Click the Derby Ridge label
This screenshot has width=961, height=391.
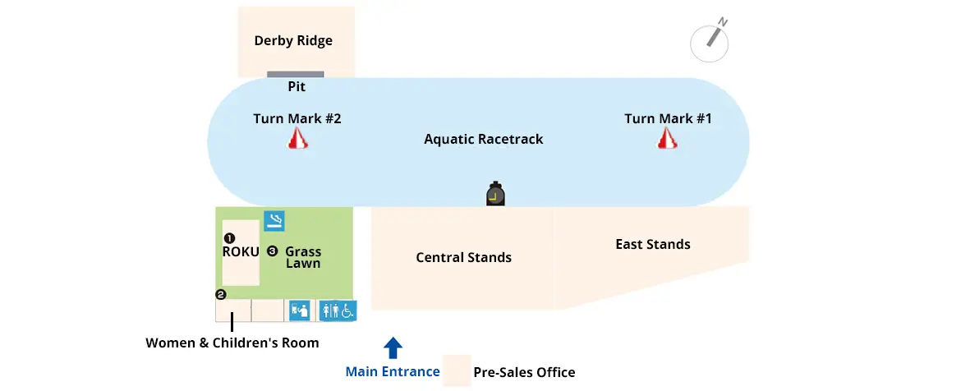click(293, 40)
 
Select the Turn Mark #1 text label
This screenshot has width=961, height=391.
click(668, 118)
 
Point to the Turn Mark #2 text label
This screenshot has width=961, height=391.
click(297, 118)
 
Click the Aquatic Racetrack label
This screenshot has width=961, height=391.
click(483, 139)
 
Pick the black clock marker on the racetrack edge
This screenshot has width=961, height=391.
click(495, 194)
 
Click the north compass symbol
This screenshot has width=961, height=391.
click(710, 41)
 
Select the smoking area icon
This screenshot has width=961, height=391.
click(274, 220)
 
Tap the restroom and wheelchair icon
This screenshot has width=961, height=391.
click(338, 310)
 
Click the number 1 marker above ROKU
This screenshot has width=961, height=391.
click(230, 237)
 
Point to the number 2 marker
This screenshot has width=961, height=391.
click(220, 294)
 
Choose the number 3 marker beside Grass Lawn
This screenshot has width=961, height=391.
click(272, 251)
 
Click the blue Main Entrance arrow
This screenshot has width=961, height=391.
click(393, 347)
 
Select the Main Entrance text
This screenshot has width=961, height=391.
click(393, 371)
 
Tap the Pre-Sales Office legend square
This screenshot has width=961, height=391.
click(457, 370)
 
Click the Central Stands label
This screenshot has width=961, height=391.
click(463, 257)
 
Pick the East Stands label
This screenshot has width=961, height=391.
click(653, 244)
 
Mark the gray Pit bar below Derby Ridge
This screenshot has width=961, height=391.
click(296, 75)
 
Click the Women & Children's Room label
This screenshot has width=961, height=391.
click(232, 343)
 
